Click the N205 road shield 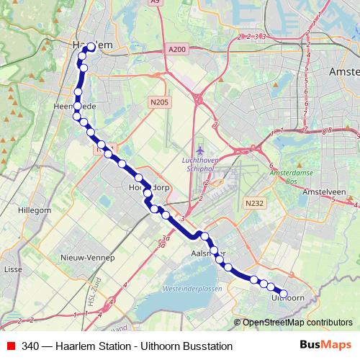[x=159, y=103]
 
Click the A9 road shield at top [x=175, y=3]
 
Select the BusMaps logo [x=326, y=346]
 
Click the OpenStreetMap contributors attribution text [x=297, y=323]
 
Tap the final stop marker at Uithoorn [x=283, y=294]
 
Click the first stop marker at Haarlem [x=91, y=48]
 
